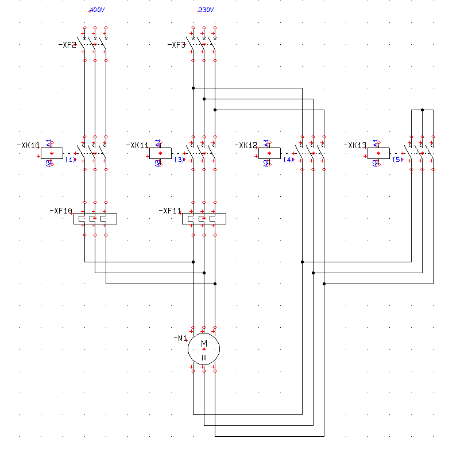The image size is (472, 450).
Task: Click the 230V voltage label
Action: pos(205,10)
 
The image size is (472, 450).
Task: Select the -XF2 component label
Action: pos(67,45)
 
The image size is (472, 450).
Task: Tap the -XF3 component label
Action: pos(176,45)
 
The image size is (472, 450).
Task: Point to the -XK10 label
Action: pos(28,146)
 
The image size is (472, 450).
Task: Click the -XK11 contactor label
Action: pos(137,146)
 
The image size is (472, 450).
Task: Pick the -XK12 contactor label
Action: pos(246,146)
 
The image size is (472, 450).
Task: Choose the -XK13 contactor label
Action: pos(355,146)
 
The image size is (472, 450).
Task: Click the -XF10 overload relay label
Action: pos(61,211)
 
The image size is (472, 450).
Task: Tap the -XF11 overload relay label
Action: pos(170,211)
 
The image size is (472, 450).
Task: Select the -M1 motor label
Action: pos(180,339)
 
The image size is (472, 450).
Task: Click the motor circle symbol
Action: pos(204,348)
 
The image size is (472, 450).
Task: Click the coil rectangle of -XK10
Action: pos(52,153)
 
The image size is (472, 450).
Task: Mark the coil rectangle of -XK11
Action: pos(161,153)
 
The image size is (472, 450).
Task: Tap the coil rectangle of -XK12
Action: pos(270,153)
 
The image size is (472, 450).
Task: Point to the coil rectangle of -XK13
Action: pos(379,153)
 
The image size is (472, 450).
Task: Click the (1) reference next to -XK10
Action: pos(71,160)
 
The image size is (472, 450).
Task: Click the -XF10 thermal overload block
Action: pos(95,218)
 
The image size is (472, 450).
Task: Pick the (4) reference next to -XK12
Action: pos(288,160)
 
